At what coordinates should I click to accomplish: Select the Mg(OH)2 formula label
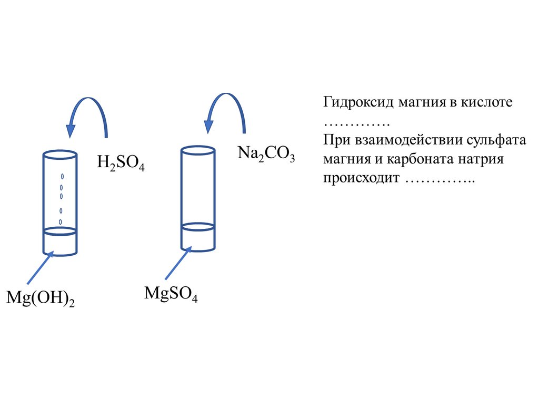(40, 298)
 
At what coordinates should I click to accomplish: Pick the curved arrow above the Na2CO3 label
(224, 105)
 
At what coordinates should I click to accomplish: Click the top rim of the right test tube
(197, 149)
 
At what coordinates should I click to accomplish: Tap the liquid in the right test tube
(197, 238)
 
